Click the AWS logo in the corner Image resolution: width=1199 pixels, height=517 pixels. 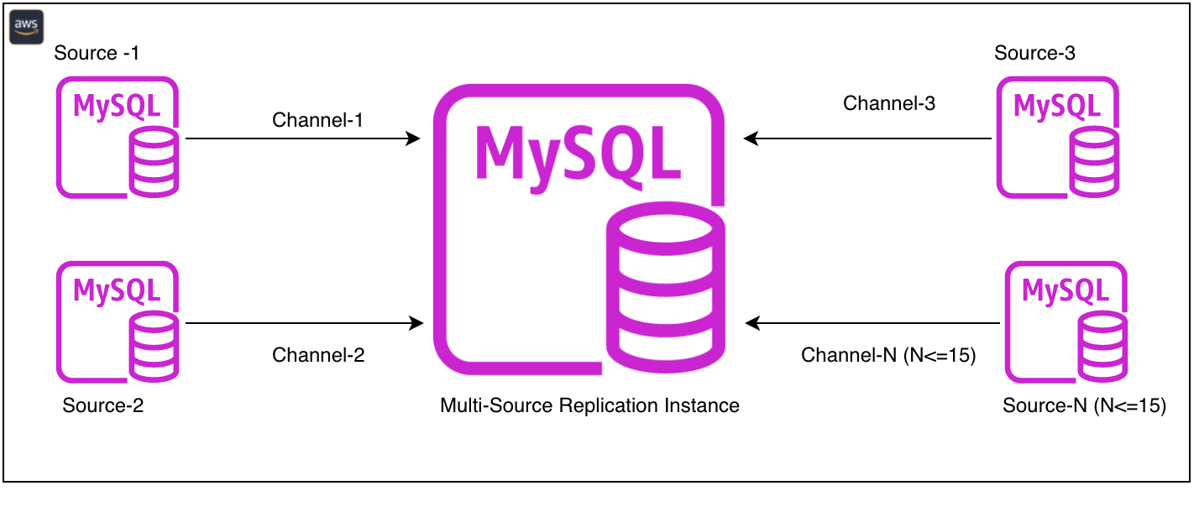click(x=26, y=27)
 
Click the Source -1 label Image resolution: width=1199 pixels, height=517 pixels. click(x=97, y=53)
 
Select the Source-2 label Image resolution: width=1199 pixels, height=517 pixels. click(x=102, y=405)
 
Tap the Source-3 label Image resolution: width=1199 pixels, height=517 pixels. click(x=1034, y=53)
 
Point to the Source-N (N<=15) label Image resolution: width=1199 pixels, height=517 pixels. click(x=1085, y=405)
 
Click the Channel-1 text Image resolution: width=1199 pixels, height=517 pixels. click(x=317, y=120)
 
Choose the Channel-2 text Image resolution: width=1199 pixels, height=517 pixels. click(x=318, y=355)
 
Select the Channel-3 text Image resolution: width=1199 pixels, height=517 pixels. click(x=889, y=103)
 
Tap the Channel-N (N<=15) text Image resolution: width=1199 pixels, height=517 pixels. click(x=888, y=355)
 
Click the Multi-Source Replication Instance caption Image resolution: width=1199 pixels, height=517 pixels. click(x=590, y=405)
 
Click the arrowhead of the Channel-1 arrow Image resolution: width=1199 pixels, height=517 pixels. click(x=413, y=138)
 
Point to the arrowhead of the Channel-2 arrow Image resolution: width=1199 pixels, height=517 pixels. click(x=416, y=323)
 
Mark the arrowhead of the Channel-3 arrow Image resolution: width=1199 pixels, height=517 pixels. click(x=751, y=138)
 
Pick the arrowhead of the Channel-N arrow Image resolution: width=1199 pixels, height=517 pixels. click(x=752, y=323)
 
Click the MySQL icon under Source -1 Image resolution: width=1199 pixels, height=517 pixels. click(x=118, y=138)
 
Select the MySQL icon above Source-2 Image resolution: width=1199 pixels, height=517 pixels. click(x=118, y=322)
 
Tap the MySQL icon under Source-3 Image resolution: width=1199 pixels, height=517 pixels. click(x=1058, y=138)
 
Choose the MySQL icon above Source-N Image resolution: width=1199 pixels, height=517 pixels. click(x=1066, y=322)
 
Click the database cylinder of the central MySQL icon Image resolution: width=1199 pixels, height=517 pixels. click(x=666, y=287)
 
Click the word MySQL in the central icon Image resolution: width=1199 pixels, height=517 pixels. click(x=578, y=156)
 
